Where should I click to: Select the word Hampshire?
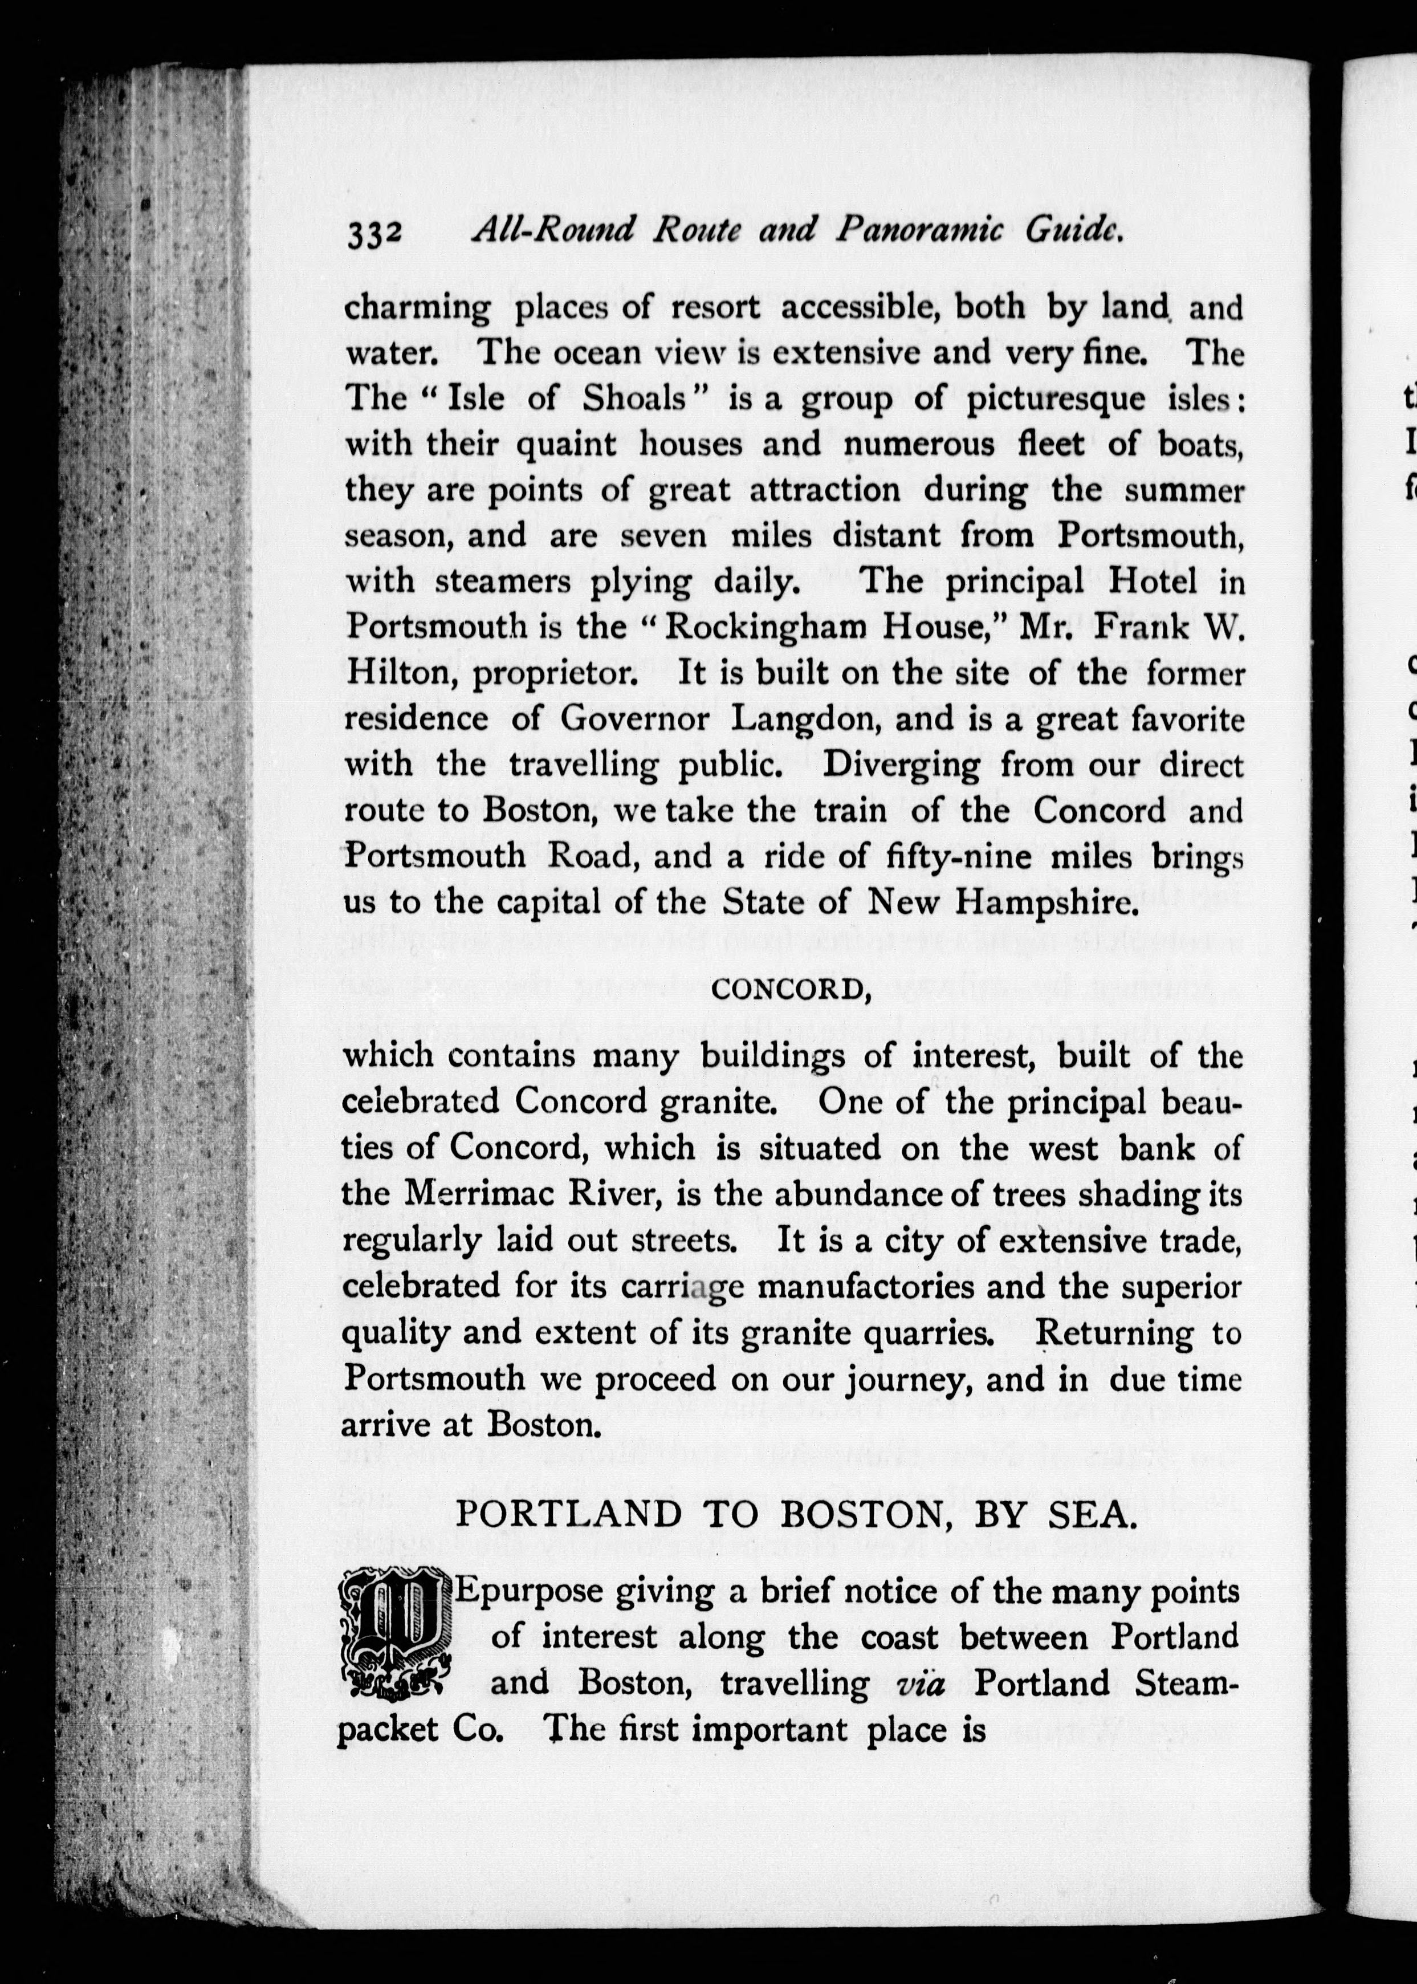[x=1047, y=902]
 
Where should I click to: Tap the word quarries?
[x=923, y=1333]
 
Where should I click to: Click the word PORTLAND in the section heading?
[x=568, y=1514]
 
